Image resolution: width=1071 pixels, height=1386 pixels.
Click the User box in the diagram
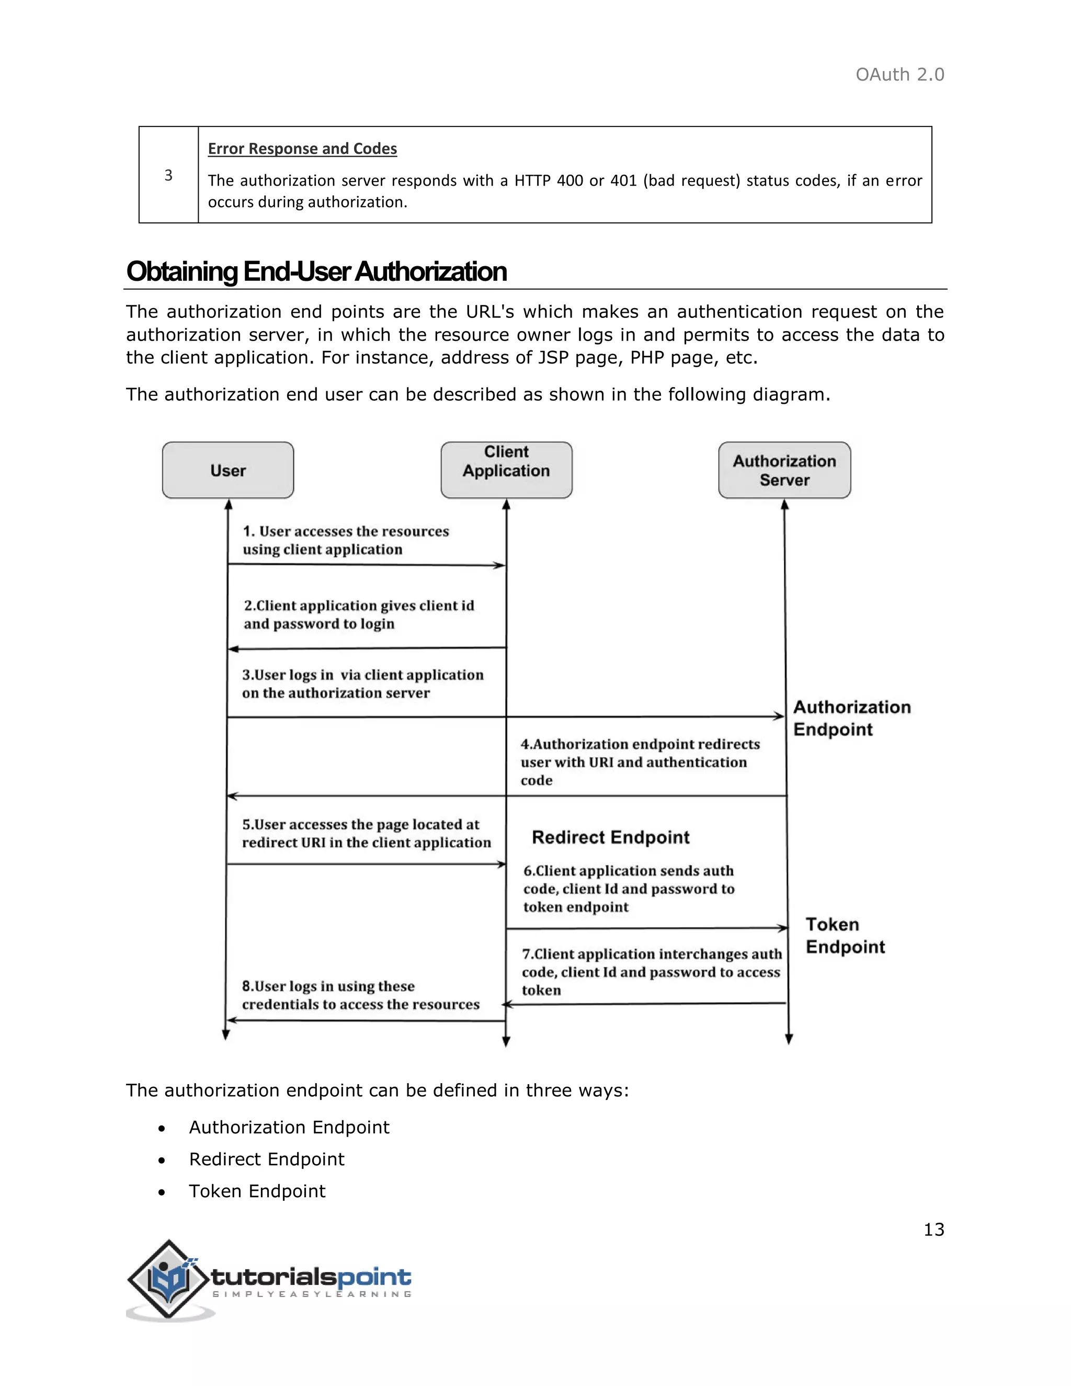[228, 470]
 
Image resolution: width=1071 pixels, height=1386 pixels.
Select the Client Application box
[506, 470]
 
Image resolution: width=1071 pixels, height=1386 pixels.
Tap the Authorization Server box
[784, 470]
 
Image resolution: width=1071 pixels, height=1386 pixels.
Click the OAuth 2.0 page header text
[899, 75]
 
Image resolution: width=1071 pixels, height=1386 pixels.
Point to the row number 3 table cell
[169, 175]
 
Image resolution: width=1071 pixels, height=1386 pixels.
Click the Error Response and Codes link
[302, 149]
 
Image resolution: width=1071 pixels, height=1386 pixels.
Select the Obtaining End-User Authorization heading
[316, 271]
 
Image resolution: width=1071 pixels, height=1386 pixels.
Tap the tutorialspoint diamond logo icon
[168, 1279]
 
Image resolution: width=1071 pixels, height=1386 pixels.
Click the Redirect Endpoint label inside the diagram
[610, 838]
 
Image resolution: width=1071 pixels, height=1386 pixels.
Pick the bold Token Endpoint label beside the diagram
[845, 936]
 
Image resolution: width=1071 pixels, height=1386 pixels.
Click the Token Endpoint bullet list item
[257, 1191]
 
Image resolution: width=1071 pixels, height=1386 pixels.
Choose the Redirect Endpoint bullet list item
[267, 1160]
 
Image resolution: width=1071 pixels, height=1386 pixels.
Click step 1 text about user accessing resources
[346, 540]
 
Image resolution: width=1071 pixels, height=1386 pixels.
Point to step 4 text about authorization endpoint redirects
[640, 762]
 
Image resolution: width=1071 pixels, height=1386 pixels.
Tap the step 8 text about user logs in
[360, 995]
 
